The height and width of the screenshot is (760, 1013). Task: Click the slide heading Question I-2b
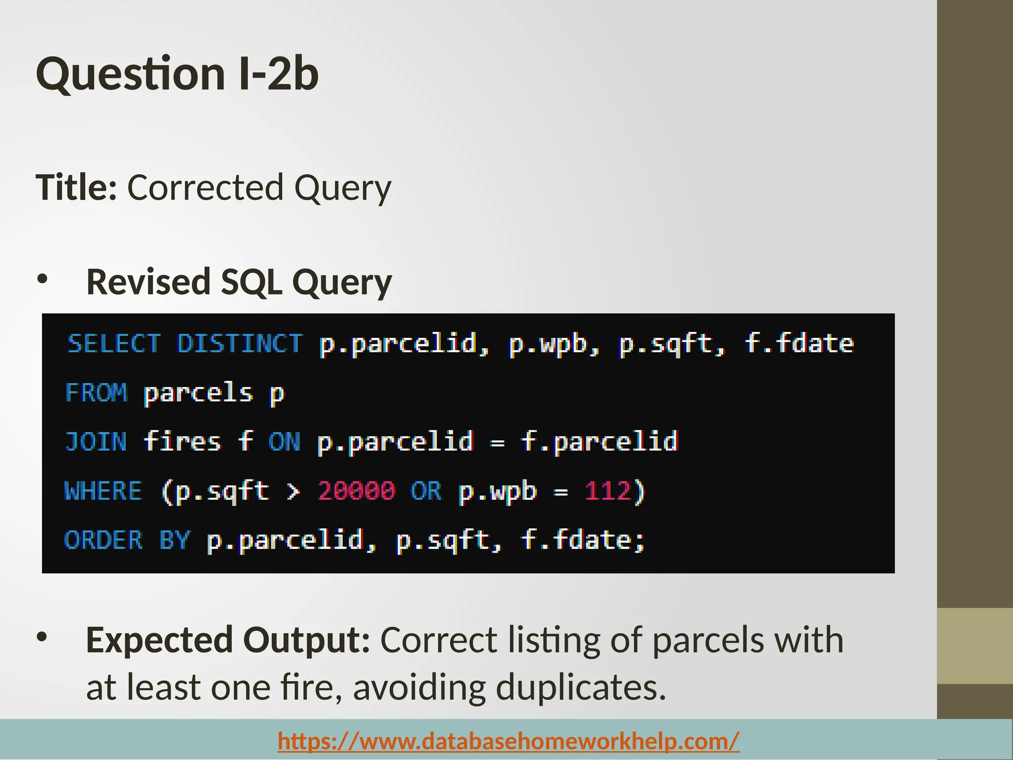click(177, 74)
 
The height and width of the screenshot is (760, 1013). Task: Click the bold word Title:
click(76, 188)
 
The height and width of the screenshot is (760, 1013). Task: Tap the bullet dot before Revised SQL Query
click(43, 279)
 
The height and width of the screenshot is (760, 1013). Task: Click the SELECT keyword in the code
click(114, 343)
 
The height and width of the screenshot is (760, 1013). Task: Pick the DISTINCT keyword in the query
click(240, 343)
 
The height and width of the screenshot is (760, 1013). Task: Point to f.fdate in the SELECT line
click(799, 343)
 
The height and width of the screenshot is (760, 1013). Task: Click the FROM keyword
click(96, 393)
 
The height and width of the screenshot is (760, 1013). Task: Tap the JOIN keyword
click(96, 442)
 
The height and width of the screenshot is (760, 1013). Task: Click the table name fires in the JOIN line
click(182, 442)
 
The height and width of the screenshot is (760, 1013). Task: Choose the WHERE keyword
click(103, 491)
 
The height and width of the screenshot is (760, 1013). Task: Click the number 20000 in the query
click(357, 491)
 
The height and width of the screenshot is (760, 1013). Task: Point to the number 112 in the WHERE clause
click(608, 491)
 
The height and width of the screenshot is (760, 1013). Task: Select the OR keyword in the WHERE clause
click(426, 491)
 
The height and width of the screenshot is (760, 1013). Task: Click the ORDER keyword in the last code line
click(103, 540)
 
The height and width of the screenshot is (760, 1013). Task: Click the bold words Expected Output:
click(228, 640)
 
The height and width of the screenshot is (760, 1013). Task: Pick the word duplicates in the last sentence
click(581, 687)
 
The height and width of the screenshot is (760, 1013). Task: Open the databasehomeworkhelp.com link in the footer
click(508, 741)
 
